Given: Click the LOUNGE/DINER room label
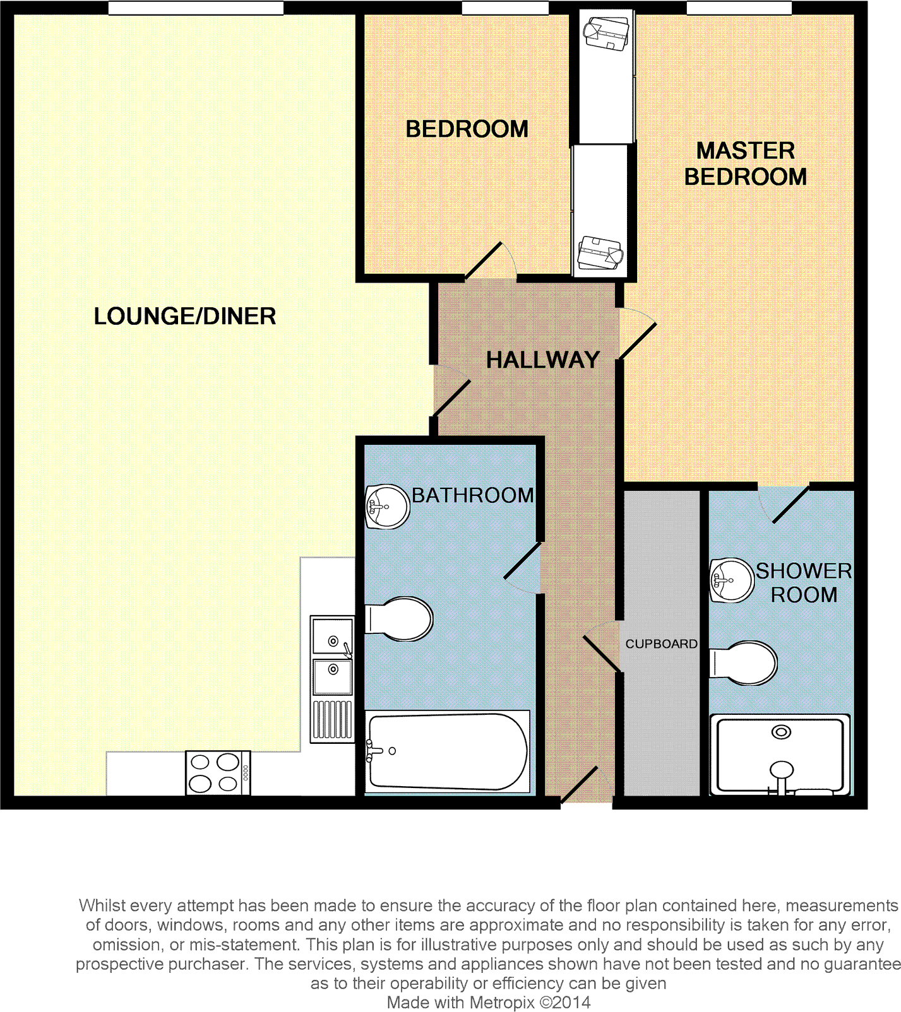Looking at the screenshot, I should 184,316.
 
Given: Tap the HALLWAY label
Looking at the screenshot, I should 542,360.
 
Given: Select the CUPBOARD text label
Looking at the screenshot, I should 661,644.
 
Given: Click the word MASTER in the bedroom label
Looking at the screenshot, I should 745,151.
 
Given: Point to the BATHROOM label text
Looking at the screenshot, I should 472,495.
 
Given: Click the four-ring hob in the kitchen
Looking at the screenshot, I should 218,773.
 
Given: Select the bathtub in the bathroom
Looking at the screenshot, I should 447,751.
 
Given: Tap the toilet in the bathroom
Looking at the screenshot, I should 400,619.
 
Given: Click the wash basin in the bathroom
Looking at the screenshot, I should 386,506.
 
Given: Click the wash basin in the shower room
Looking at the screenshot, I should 731,580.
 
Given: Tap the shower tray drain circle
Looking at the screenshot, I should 782,732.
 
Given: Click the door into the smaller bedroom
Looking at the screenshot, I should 484,261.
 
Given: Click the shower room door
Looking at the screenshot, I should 790,505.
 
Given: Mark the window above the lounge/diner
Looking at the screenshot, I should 196,8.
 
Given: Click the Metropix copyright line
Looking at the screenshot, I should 488,1002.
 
